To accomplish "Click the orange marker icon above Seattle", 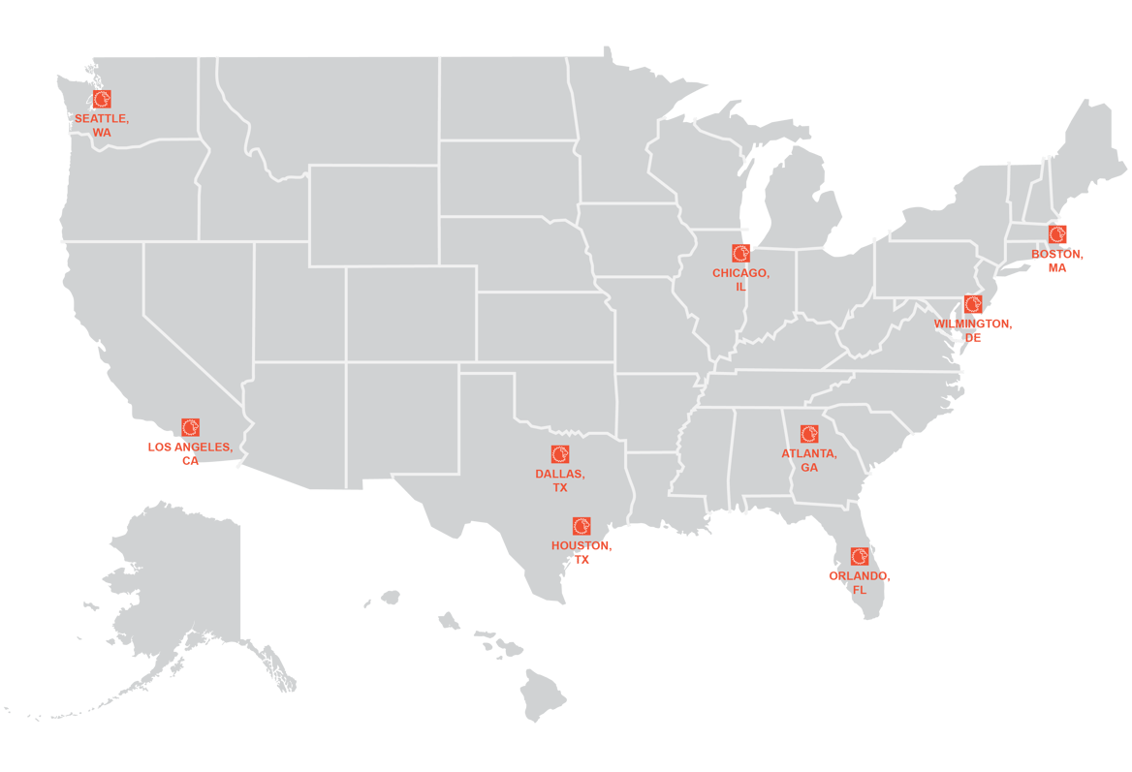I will [x=102, y=99].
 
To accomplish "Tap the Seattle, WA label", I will [x=102, y=125].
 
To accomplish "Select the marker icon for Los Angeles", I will [x=190, y=427].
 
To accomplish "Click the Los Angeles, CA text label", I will [x=190, y=453].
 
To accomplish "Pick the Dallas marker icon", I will [x=560, y=454].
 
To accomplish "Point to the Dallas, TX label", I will [x=560, y=480].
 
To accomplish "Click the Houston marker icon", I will [x=582, y=526].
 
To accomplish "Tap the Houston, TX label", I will [x=582, y=552].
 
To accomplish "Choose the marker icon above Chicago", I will [x=741, y=254].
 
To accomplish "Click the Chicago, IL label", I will [x=741, y=280].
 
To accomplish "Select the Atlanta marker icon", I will [x=809, y=434].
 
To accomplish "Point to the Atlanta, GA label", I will [x=809, y=460].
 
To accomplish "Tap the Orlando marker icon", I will [x=860, y=557].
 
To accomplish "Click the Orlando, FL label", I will [x=860, y=582].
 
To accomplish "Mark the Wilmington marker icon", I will [x=973, y=304].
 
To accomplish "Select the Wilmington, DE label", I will [x=973, y=330].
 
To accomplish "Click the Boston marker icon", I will [x=1057, y=234].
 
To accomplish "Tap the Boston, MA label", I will [x=1057, y=261].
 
